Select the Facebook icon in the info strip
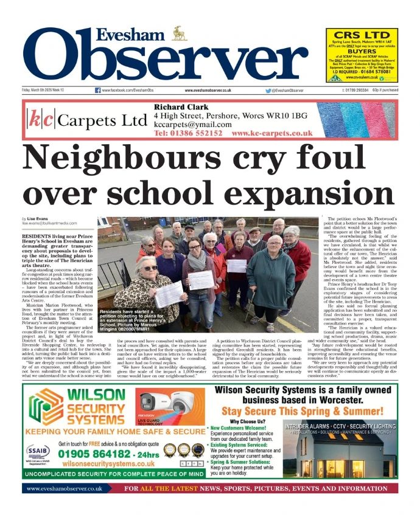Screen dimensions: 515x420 click(x=98, y=91)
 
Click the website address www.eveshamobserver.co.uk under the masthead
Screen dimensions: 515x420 click(x=204, y=91)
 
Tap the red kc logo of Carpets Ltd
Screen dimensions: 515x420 click(x=41, y=120)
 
